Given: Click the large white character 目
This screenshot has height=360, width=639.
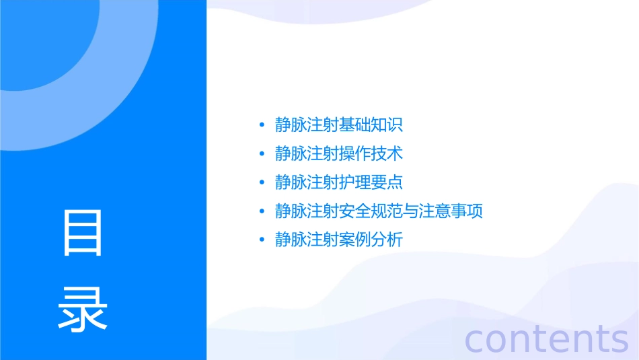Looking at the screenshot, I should coord(83,233).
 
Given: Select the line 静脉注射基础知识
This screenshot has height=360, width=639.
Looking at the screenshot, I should coord(339,125).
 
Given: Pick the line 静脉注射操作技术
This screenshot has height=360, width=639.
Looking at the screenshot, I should coord(339,154).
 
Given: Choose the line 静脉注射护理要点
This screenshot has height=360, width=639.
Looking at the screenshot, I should coord(339,182).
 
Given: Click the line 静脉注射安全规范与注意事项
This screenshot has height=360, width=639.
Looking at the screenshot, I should coord(379,211).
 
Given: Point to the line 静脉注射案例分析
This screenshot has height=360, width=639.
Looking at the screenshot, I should coord(339,240).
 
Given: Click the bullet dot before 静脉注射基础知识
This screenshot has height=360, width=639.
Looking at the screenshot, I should coord(262,125).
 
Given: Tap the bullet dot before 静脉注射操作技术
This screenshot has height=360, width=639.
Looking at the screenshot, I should coord(262,154).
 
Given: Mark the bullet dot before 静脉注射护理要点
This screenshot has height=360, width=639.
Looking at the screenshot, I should coord(262,182).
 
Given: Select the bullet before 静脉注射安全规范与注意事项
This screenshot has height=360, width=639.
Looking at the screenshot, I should coord(262,211).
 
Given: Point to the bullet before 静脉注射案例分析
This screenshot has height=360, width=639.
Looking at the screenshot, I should coord(262,240).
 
